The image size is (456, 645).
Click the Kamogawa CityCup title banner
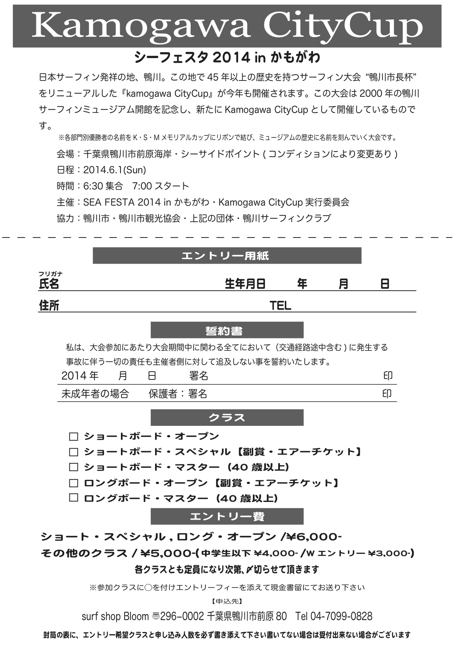(227, 26)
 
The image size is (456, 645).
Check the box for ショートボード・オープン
(74, 436)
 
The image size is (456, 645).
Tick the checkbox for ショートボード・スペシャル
(74, 452)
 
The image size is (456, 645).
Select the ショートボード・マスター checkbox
(74, 467)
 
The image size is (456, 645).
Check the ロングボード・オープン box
(74, 483)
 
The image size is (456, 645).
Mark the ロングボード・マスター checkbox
(74, 498)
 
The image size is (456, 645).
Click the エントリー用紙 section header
(227, 256)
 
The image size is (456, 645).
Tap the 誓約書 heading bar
(227, 330)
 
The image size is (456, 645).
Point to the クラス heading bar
(227, 418)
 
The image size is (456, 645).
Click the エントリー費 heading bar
(227, 516)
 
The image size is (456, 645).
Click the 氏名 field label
(49, 284)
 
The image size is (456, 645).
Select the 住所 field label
(49, 305)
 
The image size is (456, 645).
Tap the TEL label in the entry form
(280, 306)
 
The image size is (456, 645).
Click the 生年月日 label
(245, 284)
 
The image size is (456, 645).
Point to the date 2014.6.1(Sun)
(115, 170)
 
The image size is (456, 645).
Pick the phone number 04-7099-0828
(341, 616)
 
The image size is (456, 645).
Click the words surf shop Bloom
(115, 616)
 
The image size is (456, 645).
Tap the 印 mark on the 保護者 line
(387, 394)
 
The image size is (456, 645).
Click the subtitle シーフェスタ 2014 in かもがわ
(227, 57)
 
